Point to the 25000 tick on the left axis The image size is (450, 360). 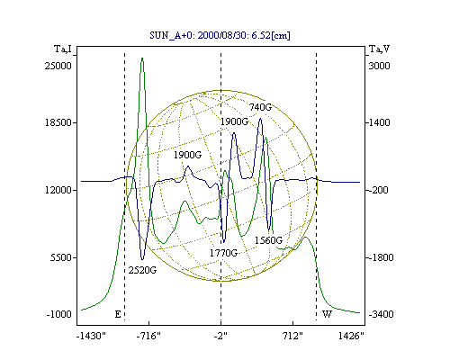point(58,66)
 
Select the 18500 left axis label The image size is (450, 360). point(58,122)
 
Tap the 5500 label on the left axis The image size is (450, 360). point(61,257)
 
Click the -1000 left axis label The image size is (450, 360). point(58,314)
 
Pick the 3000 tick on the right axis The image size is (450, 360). point(379,66)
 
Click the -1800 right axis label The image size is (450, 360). point(381,257)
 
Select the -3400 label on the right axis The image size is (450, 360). point(381,314)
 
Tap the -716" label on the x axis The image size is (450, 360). point(148,336)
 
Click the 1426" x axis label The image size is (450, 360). point(351,336)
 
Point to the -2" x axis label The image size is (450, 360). point(220,336)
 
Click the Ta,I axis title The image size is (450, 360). point(63,49)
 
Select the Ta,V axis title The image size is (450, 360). point(379,49)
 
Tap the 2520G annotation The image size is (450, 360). point(142,270)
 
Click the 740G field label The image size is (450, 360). point(260,107)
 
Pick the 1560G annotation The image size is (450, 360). point(268,240)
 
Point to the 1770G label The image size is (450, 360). point(223,253)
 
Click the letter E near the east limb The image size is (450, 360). point(118,314)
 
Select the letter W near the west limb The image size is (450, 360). point(327,314)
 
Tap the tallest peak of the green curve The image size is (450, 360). point(142,58)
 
